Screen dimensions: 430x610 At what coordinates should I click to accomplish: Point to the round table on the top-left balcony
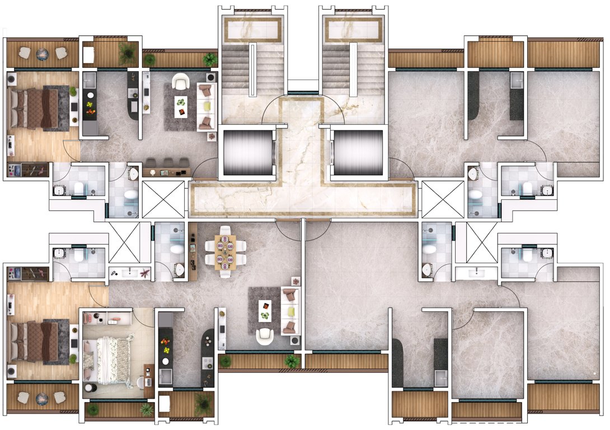43,54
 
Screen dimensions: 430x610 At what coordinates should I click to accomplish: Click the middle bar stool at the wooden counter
166,162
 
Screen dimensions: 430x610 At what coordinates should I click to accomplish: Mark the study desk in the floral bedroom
149,378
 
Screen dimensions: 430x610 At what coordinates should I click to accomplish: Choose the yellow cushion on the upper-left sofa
207,105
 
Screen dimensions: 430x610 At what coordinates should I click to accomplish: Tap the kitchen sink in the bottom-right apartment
440,376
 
